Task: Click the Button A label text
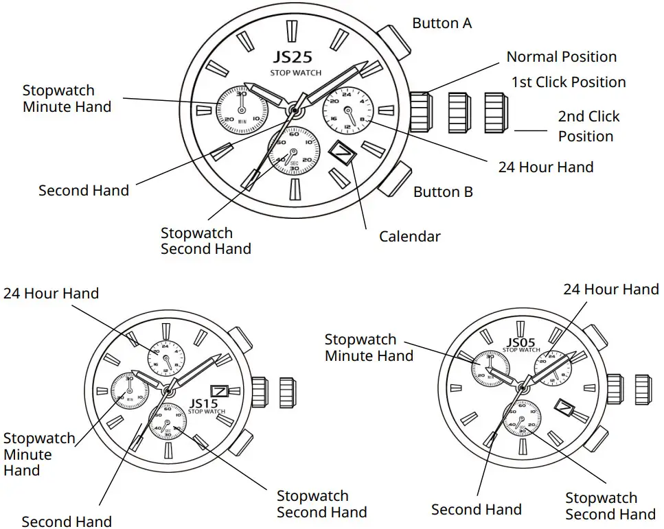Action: (x=442, y=23)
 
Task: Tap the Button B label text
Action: (x=443, y=192)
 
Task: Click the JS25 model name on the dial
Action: (x=293, y=57)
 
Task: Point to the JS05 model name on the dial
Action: (x=521, y=342)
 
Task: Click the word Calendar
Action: (x=410, y=237)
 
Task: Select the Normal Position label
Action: (x=561, y=57)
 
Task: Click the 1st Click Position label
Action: (x=569, y=82)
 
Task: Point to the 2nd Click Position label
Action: (x=588, y=126)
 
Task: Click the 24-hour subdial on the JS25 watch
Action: (x=347, y=110)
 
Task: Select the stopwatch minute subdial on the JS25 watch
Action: (x=241, y=110)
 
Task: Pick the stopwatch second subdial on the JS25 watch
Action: (x=294, y=151)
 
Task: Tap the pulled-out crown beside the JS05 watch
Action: (x=642, y=389)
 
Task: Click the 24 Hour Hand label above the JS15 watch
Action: (x=51, y=294)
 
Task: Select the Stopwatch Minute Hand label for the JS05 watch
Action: (x=369, y=347)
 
